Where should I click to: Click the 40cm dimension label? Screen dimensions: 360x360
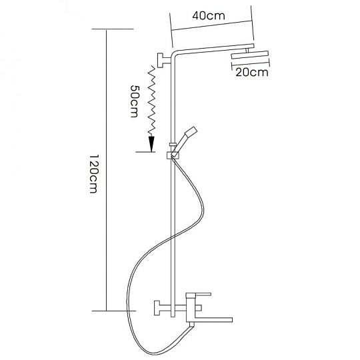tap(209, 16)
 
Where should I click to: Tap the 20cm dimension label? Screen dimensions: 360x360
tap(252, 73)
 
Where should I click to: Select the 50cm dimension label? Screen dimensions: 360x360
tap(135, 101)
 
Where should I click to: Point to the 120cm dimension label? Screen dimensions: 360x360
tap(94, 173)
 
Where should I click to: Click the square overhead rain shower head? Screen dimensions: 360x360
tap(250, 56)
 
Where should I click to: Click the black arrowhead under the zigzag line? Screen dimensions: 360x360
tap(151, 144)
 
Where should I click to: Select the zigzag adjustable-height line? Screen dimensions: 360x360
tap(152, 101)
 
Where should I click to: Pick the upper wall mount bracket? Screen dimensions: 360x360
tap(164, 61)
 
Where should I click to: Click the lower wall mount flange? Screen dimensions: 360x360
tap(157, 307)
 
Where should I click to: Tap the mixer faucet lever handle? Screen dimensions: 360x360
tap(199, 294)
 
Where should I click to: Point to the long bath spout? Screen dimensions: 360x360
tap(213, 319)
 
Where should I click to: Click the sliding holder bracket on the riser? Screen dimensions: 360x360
tap(173, 155)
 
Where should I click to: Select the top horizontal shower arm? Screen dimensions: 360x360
tap(213, 49)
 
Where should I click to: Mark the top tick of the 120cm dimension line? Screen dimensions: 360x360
tap(113, 29)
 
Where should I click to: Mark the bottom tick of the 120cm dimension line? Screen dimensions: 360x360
tap(114, 311)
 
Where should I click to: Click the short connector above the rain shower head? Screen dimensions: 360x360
tap(247, 50)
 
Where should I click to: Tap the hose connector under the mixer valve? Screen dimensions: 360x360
tap(191, 325)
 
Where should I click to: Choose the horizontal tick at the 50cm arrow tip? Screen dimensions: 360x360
tap(145, 152)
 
